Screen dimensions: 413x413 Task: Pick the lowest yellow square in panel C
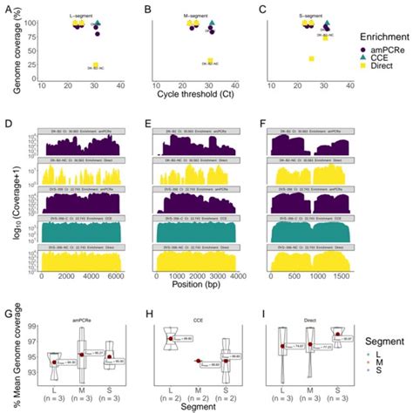coord(311,58)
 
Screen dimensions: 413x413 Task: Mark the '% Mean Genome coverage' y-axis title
coord(11,357)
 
